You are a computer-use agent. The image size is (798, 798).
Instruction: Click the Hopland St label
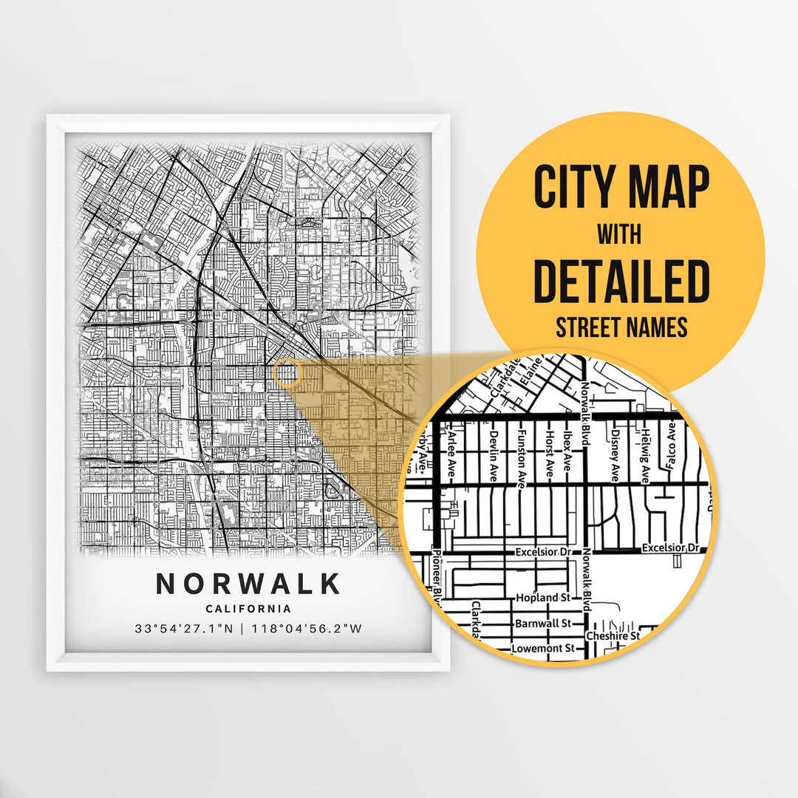coord(544,597)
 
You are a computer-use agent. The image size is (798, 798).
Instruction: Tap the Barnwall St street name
coord(543,623)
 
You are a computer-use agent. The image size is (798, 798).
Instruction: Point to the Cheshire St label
coord(612,635)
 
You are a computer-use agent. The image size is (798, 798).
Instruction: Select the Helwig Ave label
coord(645,450)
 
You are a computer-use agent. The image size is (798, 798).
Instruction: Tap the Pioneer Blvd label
coord(437,577)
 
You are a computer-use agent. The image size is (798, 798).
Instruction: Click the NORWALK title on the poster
coord(248,584)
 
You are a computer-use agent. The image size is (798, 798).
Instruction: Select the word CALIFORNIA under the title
coord(248,609)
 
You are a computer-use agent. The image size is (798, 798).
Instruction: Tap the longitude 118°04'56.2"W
coord(307,630)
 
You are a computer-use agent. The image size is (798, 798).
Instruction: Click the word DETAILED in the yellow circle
coord(621,282)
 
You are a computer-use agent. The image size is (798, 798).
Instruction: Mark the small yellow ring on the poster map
coord(287,372)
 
